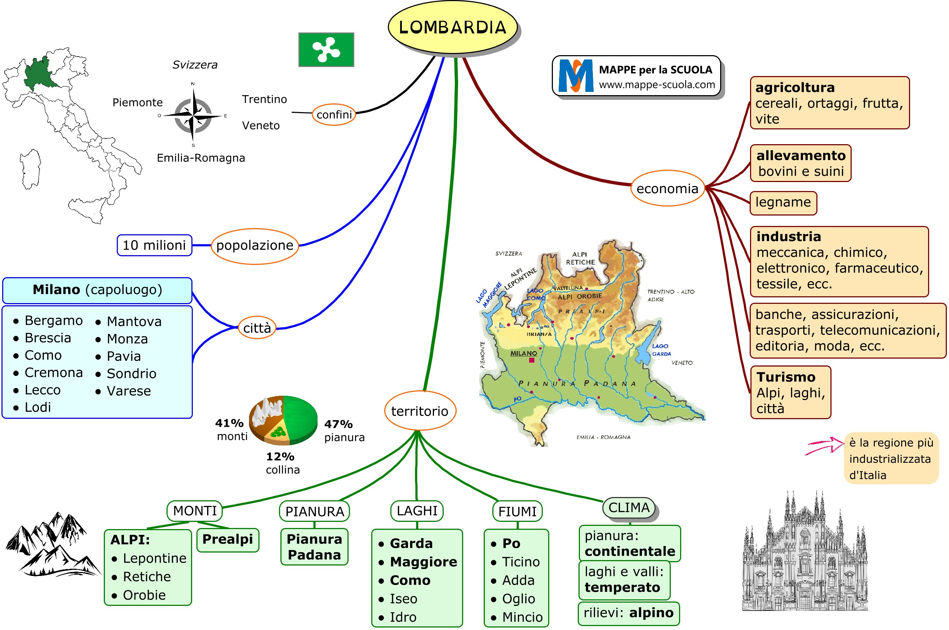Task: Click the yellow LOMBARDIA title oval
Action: [452, 27]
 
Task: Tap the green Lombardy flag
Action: [326, 49]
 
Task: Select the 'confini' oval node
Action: [334, 115]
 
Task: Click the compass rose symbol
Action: [193, 116]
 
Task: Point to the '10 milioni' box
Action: [154, 245]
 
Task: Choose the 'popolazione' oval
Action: [255, 245]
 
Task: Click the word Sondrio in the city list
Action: [132, 374]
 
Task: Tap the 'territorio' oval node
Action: [420, 411]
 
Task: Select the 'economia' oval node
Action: [668, 188]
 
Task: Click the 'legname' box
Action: [783, 202]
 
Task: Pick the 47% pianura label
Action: [343, 430]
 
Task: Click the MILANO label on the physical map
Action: [523, 353]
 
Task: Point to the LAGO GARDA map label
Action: [661, 350]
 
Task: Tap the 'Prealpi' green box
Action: [227, 539]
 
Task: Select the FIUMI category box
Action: [517, 511]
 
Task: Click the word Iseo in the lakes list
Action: [403, 599]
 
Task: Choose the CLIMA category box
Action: [629, 507]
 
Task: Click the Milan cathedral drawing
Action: [804, 554]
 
